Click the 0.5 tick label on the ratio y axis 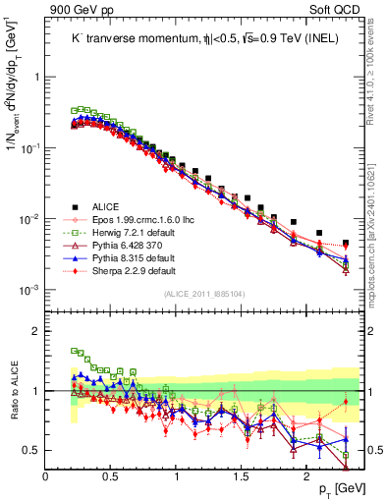[32, 450]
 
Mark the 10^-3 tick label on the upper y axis [29, 290]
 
